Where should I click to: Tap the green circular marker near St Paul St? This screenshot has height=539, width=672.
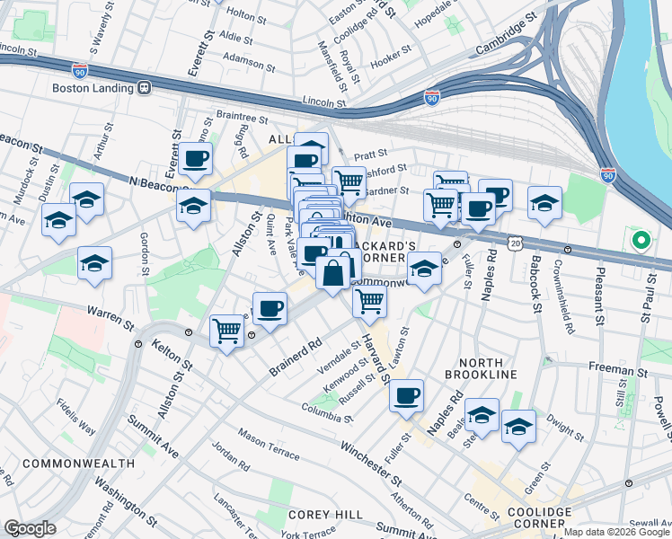640,240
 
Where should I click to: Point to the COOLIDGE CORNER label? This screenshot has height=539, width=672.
539,519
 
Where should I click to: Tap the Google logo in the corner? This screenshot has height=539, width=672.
29,528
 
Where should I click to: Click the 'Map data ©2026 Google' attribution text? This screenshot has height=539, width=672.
616,532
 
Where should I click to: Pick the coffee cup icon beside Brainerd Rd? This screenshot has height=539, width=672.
270,309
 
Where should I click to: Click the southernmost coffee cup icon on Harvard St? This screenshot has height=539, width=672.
407,394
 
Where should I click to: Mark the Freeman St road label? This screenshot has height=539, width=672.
617,369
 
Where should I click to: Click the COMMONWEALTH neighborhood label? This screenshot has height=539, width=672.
68,464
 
